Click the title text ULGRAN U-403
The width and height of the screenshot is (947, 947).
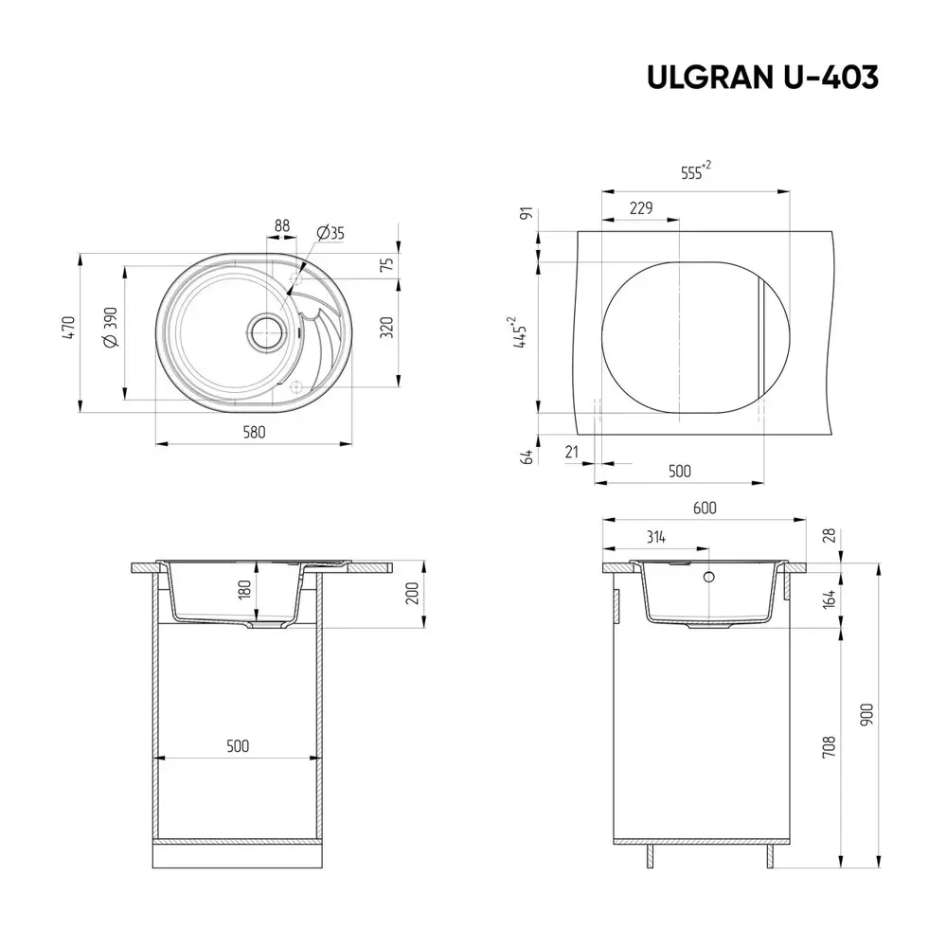pyautogui.click(x=762, y=78)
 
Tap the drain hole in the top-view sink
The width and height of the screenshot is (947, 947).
pyautogui.click(x=266, y=331)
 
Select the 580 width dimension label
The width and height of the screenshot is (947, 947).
pyautogui.click(x=254, y=432)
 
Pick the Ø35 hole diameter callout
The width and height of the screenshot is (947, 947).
pyautogui.click(x=330, y=233)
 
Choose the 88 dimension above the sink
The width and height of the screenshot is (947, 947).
pyautogui.click(x=281, y=225)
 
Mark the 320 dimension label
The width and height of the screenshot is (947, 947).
pyautogui.click(x=386, y=329)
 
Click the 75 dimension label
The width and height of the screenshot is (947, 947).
pyautogui.click(x=386, y=266)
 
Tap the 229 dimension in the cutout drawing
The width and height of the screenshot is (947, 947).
pyautogui.click(x=641, y=209)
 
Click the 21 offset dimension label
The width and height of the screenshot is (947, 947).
pyautogui.click(x=571, y=453)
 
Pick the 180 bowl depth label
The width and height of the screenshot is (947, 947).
pyautogui.click(x=243, y=590)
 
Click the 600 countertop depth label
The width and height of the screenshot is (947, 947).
pyautogui.click(x=704, y=508)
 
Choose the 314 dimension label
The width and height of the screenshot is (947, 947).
pyautogui.click(x=655, y=537)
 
